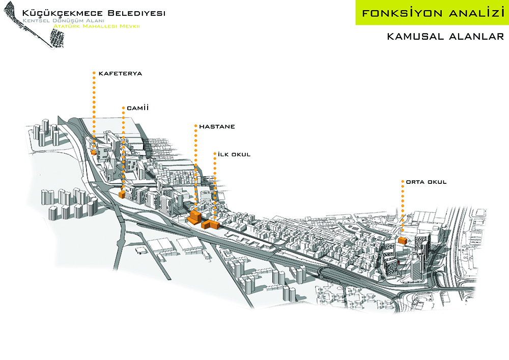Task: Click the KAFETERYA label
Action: click(120, 73)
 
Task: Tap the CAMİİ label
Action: click(137, 108)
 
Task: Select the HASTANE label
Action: click(217, 126)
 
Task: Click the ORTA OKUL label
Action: click(426, 182)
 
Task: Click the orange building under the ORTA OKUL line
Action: click(403, 241)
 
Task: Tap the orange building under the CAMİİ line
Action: click(122, 195)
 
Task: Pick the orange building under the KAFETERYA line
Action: click(94, 152)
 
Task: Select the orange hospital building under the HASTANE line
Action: click(194, 217)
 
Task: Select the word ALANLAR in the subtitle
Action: click(476, 36)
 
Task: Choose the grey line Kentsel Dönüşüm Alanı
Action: click(63, 21)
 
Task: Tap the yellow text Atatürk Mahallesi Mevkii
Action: click(97, 26)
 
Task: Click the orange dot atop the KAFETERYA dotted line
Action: click(94, 73)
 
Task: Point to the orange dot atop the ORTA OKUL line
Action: click(403, 181)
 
